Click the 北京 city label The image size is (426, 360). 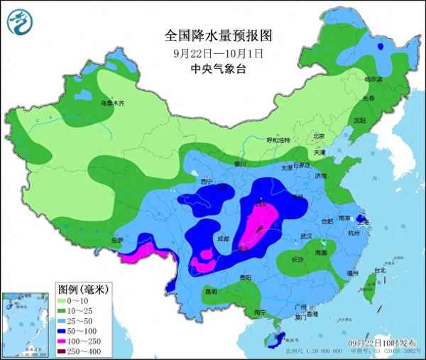(x=318, y=136)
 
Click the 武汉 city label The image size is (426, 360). (x=306, y=236)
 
